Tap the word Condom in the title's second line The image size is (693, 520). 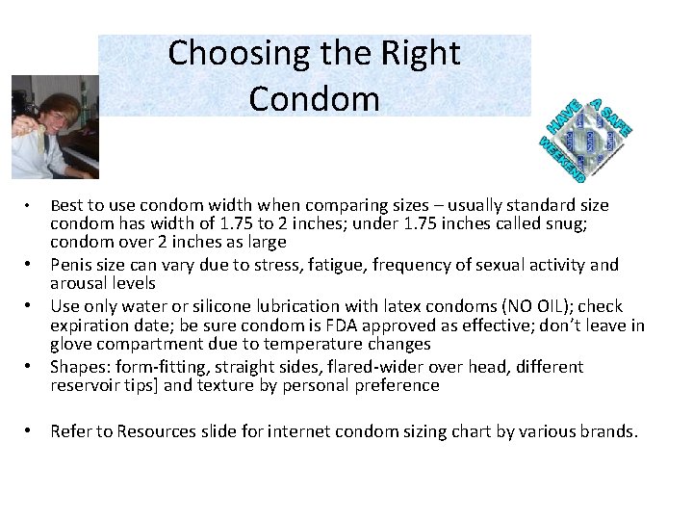pos(314,98)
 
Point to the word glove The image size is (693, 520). pos(72,344)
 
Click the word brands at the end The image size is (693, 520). pos(607,431)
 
